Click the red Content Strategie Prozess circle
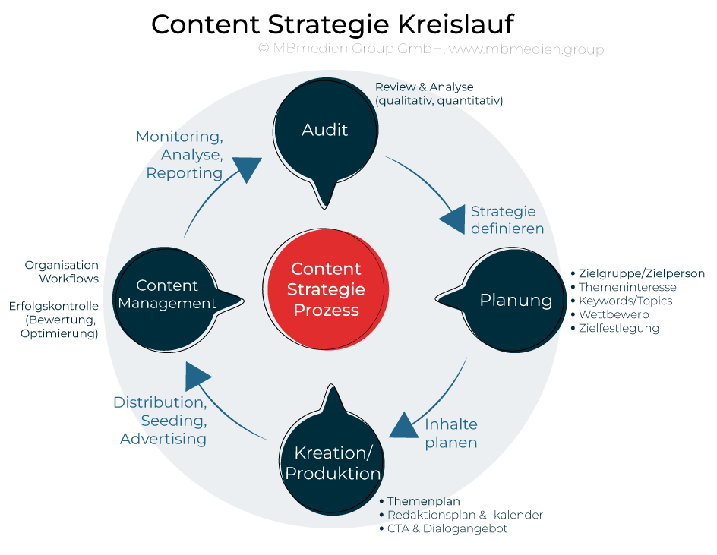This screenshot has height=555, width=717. pyautogui.click(x=327, y=289)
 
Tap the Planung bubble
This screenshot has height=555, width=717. pyautogui.click(x=516, y=300)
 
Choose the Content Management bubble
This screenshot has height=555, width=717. pyautogui.click(x=167, y=295)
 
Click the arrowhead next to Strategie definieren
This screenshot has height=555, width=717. pyautogui.click(x=453, y=219)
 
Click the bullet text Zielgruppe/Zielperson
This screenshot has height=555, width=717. pyautogui.click(x=641, y=273)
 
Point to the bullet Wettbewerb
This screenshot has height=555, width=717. pyautogui.click(x=614, y=314)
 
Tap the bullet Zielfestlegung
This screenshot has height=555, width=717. pyautogui.click(x=618, y=328)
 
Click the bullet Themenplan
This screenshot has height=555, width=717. pyautogui.click(x=423, y=501)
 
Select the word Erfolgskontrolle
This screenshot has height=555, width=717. pyautogui.click(x=55, y=307)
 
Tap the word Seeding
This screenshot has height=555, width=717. pyautogui.click(x=173, y=420)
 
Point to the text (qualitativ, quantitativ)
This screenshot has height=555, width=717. pyautogui.click(x=439, y=100)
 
